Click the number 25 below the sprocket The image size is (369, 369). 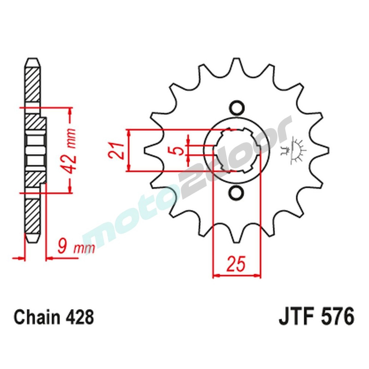[236, 265]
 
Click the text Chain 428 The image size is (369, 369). [54, 317]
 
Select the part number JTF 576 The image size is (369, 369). [316, 317]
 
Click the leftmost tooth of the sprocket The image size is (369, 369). [149, 150]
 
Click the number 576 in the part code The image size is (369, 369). [337, 317]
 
